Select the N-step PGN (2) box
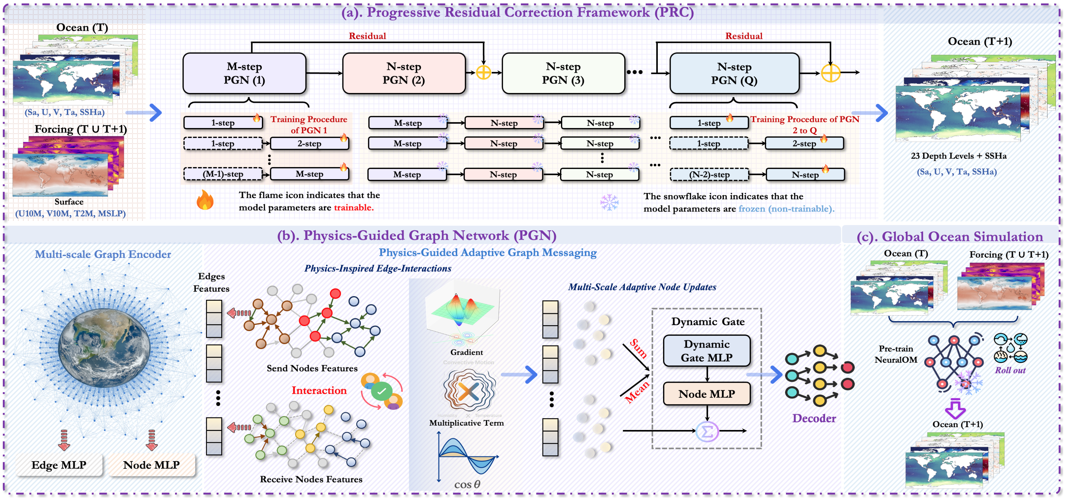tap(404, 73)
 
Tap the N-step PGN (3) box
tap(563, 73)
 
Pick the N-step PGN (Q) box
tap(734, 73)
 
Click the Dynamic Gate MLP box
tap(706, 351)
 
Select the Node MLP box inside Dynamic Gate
tap(706, 394)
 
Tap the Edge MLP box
tap(59, 465)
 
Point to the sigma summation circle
tap(707, 431)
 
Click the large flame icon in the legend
tap(205, 200)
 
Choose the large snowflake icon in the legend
tap(609, 202)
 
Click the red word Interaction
tap(319, 390)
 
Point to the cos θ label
tap(467, 484)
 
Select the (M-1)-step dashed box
tap(223, 174)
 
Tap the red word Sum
tap(638, 348)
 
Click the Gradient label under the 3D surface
tap(466, 352)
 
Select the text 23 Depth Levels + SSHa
tap(958, 156)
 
